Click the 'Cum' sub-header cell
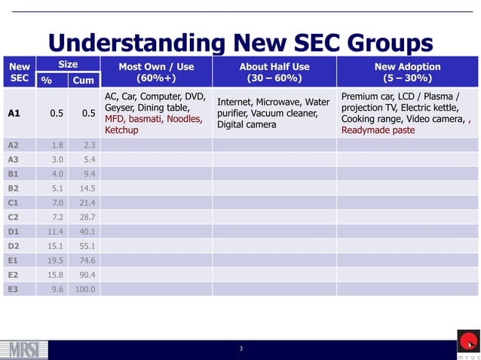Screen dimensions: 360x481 (83, 81)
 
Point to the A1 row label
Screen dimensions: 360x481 (14, 114)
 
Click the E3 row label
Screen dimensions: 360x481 (13, 288)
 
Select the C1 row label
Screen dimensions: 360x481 (13, 203)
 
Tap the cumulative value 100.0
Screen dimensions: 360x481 (83, 288)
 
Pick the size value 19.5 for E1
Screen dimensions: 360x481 (56, 260)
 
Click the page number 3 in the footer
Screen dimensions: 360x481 (240, 349)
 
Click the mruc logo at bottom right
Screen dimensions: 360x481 (467, 345)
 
